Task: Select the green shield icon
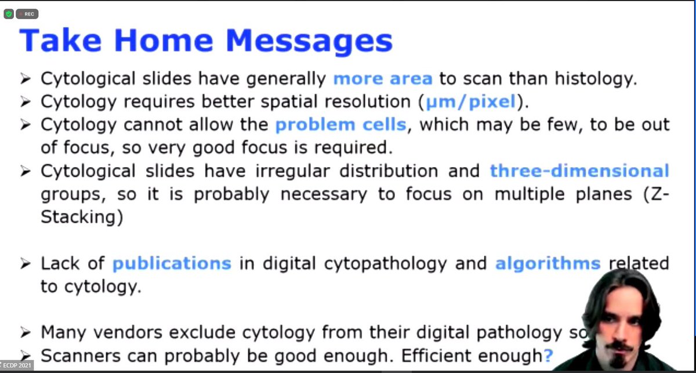coord(8,14)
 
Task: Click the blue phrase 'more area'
coord(383,79)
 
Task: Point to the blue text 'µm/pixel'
coord(470,102)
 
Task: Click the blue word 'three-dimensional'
coord(579,171)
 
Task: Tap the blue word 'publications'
coord(172,263)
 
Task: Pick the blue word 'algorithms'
coord(548,263)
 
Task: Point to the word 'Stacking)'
coord(79,218)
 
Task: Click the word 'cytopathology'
coord(368,263)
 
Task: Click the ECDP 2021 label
coord(17,366)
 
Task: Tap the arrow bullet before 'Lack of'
coord(25,264)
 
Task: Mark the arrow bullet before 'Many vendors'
coord(25,333)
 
